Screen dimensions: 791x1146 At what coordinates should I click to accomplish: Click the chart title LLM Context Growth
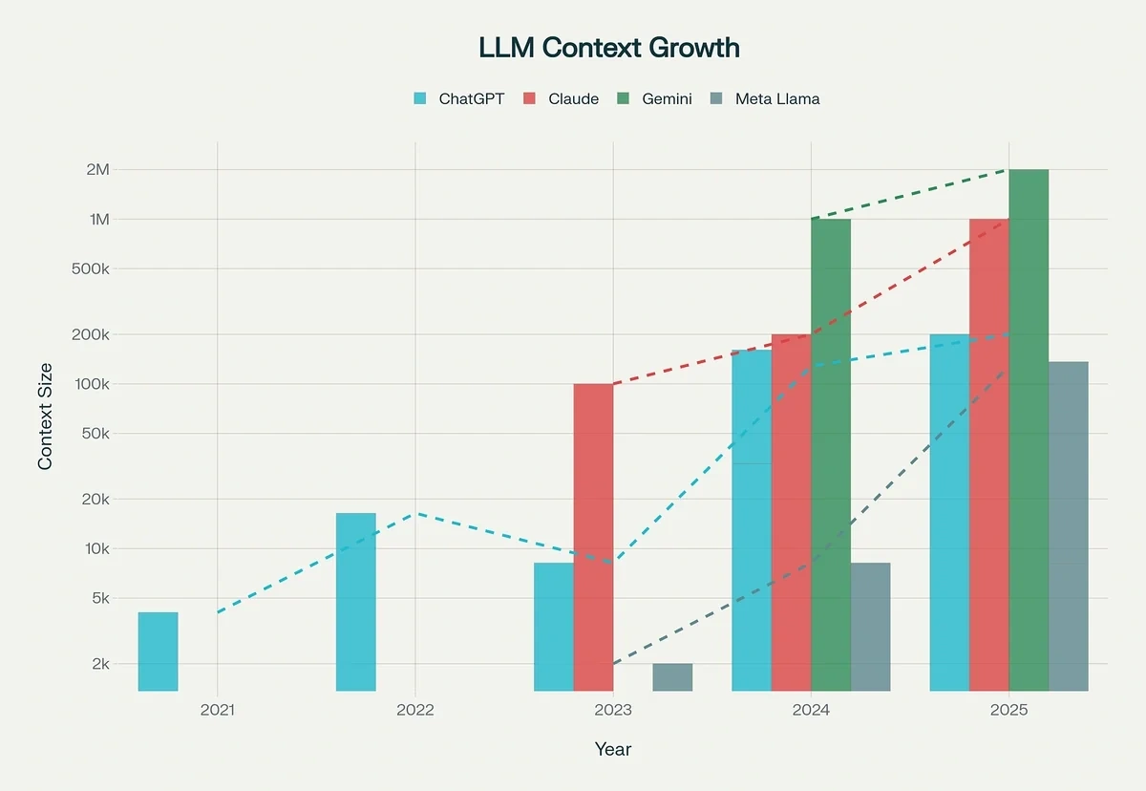pyautogui.click(x=608, y=48)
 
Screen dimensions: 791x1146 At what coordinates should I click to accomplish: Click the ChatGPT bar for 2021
pyautogui.click(x=158, y=651)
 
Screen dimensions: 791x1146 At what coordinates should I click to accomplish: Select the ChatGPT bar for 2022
pyautogui.click(x=355, y=602)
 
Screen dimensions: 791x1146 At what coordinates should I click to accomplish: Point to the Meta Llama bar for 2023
pyautogui.click(x=672, y=676)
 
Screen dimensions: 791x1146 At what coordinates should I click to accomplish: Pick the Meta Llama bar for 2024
pyautogui.click(x=870, y=627)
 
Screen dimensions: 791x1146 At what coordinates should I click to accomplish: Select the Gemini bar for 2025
pyautogui.click(x=1029, y=430)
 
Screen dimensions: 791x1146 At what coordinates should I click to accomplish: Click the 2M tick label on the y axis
pyautogui.click(x=98, y=170)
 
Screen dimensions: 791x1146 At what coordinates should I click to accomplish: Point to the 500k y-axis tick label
pyautogui.click(x=93, y=268)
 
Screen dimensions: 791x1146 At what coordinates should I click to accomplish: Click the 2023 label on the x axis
pyautogui.click(x=613, y=711)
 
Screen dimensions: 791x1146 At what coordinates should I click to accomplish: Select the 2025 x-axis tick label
pyautogui.click(x=1008, y=711)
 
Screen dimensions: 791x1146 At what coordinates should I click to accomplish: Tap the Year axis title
pyautogui.click(x=612, y=749)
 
